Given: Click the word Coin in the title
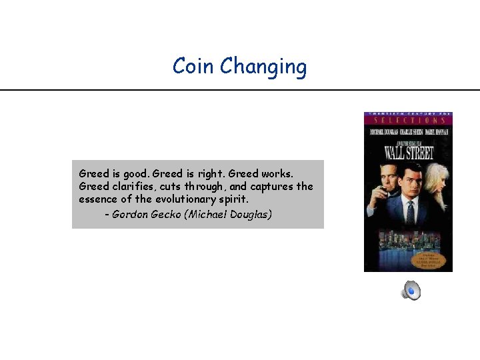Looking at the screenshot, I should (x=193, y=67).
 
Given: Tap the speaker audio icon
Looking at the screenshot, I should (x=411, y=290).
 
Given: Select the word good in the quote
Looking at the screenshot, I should (x=133, y=173).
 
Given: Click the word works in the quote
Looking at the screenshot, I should (x=277, y=173).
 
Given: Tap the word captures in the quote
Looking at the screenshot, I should (x=271, y=187).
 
